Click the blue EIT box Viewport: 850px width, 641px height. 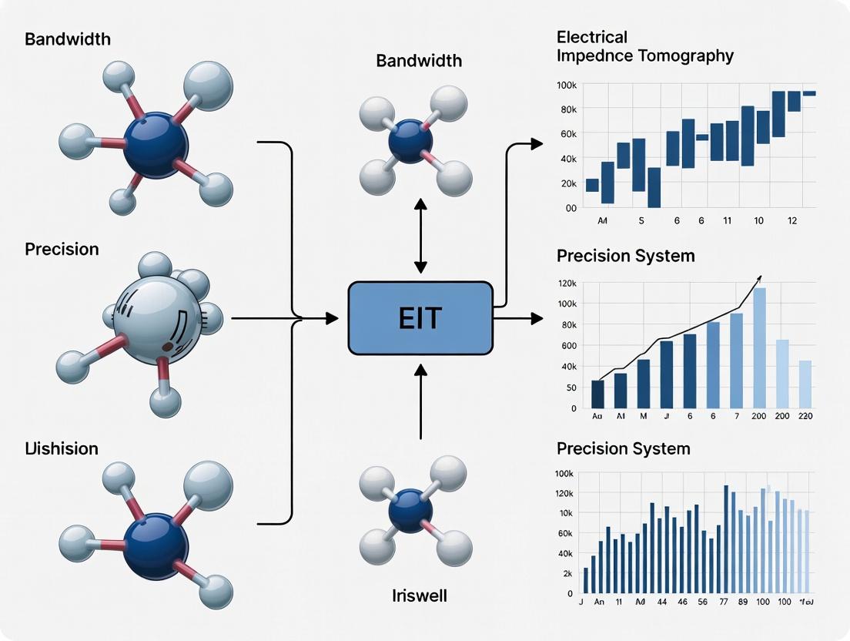click(420, 318)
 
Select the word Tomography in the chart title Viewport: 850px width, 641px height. click(689, 56)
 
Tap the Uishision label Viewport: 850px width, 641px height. click(62, 448)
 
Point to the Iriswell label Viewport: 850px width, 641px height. click(420, 596)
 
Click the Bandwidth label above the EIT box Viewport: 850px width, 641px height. click(418, 60)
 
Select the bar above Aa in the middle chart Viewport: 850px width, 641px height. click(597, 393)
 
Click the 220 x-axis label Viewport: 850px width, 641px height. click(805, 416)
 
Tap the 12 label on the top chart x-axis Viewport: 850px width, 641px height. click(793, 220)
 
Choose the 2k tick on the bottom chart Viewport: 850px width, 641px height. click(569, 574)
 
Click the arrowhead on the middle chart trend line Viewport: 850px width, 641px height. click(759, 277)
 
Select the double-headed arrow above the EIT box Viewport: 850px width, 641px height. click(420, 235)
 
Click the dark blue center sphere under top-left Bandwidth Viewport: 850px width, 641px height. click(156, 145)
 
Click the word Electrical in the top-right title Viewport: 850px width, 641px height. click(592, 37)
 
